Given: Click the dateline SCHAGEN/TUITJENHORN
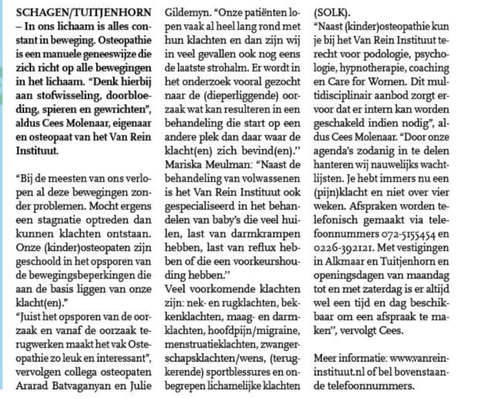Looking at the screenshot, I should tap(84, 13).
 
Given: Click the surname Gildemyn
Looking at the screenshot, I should tap(187, 13).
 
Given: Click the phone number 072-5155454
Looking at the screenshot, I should tap(408, 234).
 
